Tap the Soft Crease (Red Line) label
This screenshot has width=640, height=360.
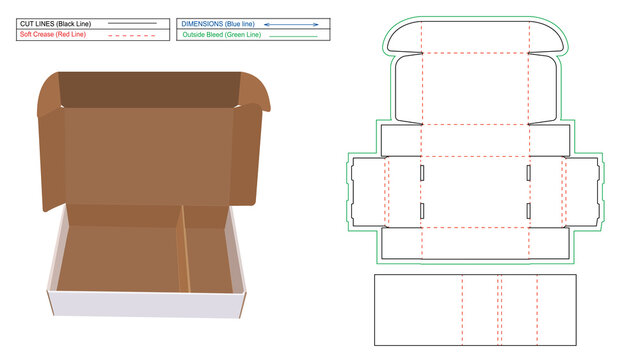click(x=54, y=34)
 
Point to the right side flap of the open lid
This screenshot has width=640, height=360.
click(x=250, y=150)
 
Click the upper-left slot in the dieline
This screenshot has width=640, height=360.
click(x=422, y=172)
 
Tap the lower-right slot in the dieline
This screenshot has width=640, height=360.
click(x=528, y=210)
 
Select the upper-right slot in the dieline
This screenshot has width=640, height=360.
click(x=528, y=172)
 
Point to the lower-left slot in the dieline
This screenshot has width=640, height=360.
click(x=422, y=210)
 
